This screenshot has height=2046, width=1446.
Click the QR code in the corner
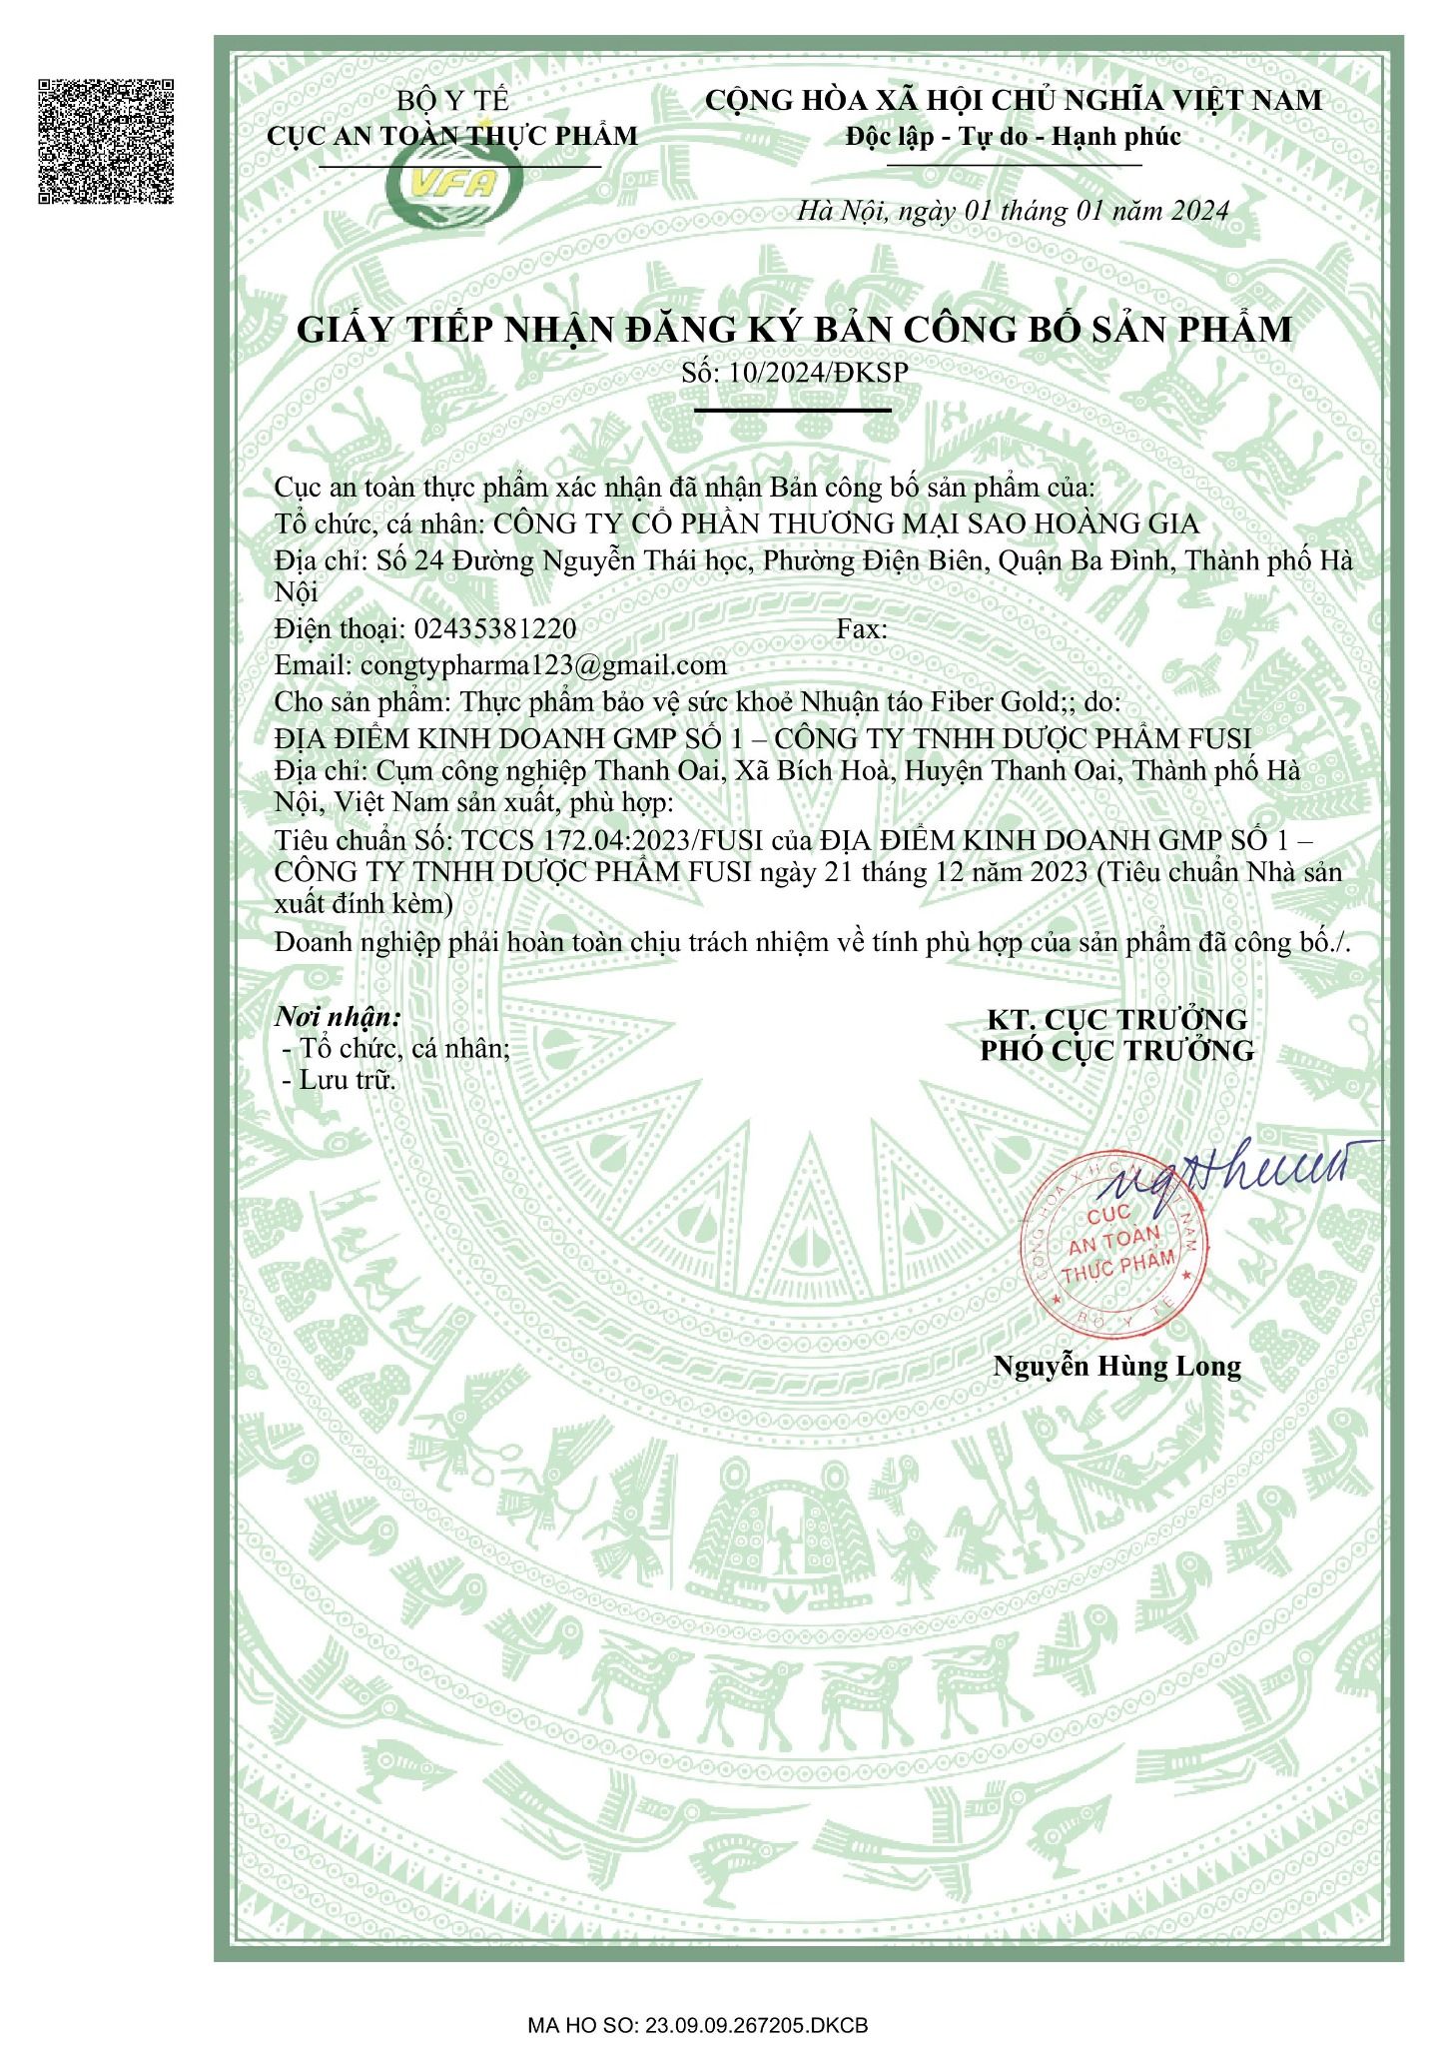coord(106,140)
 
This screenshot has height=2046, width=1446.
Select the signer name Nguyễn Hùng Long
coord(1116,1367)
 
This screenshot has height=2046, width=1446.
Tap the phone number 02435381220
coord(494,628)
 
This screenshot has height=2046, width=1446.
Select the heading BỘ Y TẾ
coord(452,101)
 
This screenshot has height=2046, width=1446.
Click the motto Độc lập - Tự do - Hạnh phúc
coord(1013,136)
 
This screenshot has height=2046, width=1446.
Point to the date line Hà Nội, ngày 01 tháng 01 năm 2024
coord(1013,211)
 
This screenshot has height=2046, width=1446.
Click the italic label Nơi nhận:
coord(338,1018)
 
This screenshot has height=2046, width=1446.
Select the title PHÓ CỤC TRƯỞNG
coord(1116,1051)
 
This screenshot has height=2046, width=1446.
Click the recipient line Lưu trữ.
coord(348,1080)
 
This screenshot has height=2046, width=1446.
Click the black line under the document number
coord(792,410)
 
